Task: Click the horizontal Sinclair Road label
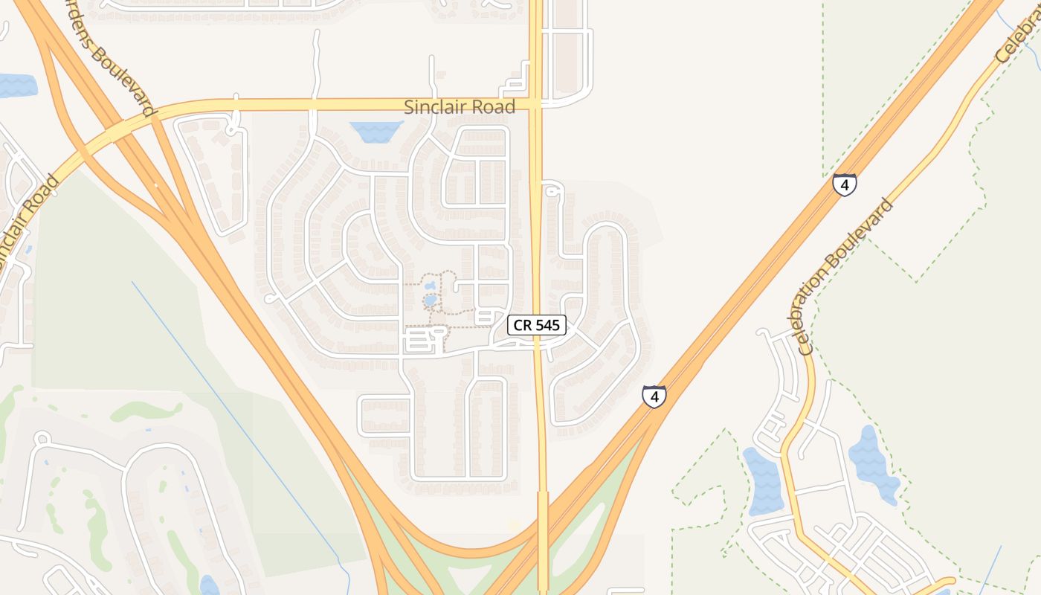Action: (459, 107)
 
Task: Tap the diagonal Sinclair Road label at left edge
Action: (27, 223)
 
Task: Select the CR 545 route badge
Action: (537, 325)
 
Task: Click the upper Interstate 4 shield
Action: (844, 184)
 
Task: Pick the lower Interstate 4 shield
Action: (654, 396)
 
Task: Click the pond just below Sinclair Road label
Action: (377, 132)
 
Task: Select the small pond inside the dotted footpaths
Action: (431, 300)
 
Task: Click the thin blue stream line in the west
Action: (238, 416)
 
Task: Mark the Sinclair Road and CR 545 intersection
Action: (536, 104)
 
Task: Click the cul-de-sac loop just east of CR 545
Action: (551, 192)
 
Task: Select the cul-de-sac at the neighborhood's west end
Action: (270, 299)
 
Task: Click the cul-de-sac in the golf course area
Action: (42, 439)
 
